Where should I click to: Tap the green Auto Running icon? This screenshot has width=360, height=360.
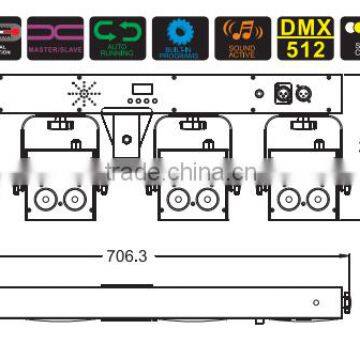(118, 37)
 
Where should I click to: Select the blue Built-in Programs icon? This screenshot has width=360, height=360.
(180, 37)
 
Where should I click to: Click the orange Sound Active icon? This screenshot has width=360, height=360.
(243, 37)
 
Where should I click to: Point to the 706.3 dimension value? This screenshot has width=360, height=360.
(126, 256)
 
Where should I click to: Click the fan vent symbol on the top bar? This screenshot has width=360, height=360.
(83, 94)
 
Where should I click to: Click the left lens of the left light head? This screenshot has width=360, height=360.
(46, 199)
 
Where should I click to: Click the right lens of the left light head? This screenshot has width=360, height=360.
(75, 199)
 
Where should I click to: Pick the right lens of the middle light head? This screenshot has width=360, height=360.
(207, 199)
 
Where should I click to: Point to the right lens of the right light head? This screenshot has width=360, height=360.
(318, 199)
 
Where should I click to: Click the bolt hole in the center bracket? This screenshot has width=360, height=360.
(128, 126)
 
